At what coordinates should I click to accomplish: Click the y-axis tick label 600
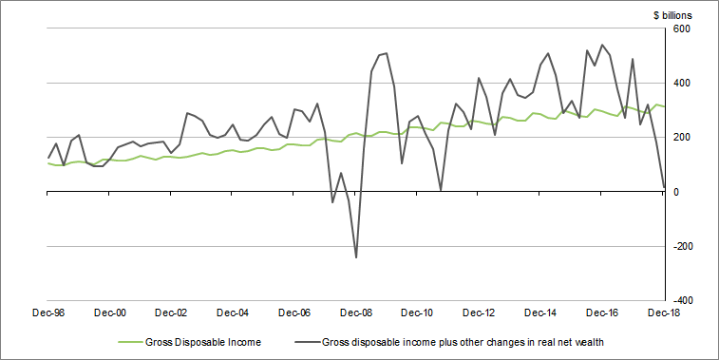pyautogui.click(x=685, y=28)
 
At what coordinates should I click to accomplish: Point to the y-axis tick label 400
pyautogui.click(x=685, y=83)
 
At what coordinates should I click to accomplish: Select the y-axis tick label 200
pyautogui.click(x=685, y=137)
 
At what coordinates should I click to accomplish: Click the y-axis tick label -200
pyautogui.click(x=683, y=246)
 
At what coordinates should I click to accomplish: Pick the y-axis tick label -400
pyautogui.click(x=683, y=300)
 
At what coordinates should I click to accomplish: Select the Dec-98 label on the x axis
pyautogui.click(x=48, y=312)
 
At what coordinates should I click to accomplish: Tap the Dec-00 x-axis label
pyautogui.click(x=110, y=312)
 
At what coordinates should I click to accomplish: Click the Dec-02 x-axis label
pyautogui.click(x=172, y=312)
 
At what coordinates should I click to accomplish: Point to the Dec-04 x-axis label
pyautogui.click(x=233, y=312)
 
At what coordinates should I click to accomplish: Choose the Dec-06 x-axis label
pyautogui.click(x=294, y=312)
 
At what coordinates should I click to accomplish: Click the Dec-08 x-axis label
pyautogui.click(x=356, y=312)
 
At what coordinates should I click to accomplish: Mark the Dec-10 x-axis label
pyautogui.click(x=418, y=312)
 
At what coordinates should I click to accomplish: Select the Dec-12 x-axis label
pyautogui.click(x=480, y=312)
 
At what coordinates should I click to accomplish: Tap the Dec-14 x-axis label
pyautogui.click(x=540, y=312)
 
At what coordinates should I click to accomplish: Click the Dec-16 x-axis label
pyautogui.click(x=602, y=312)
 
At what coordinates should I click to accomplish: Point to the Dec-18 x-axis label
pyautogui.click(x=663, y=312)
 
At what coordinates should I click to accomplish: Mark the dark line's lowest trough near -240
pyautogui.click(x=356, y=257)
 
